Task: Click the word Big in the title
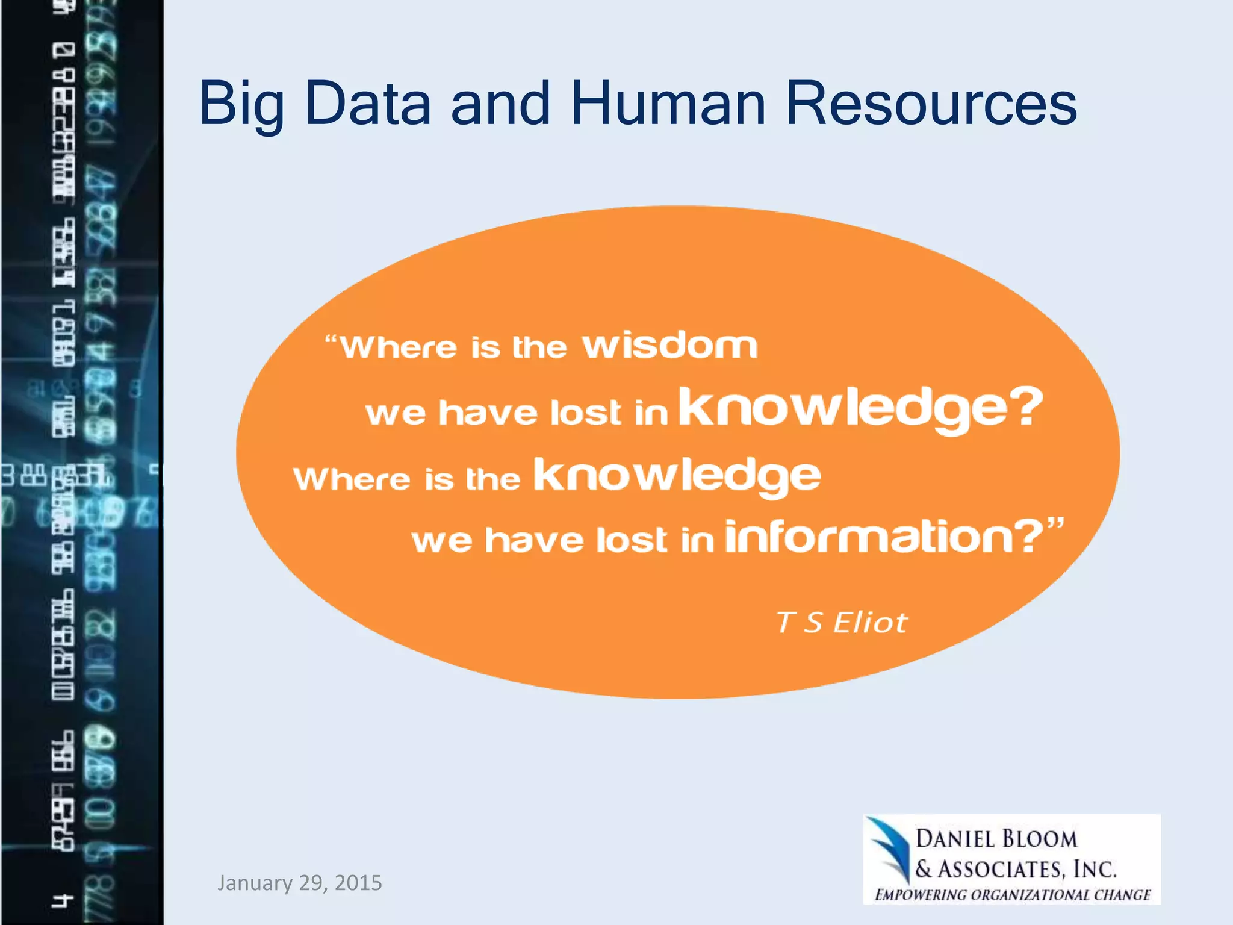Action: [x=241, y=105]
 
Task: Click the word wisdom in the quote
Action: [x=669, y=346]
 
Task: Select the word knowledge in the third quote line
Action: [x=677, y=476]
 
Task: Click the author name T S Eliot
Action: [x=841, y=622]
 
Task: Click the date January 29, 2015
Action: [x=299, y=883]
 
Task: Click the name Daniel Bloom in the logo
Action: [x=996, y=839]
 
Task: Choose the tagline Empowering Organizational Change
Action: [x=1012, y=895]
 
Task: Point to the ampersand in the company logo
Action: [x=923, y=869]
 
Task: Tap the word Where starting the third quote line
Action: [x=352, y=479]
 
